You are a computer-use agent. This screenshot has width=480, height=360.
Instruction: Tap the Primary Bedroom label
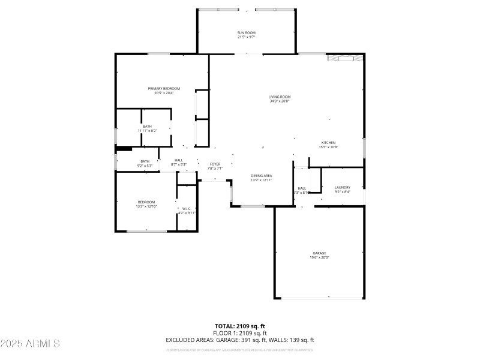164,88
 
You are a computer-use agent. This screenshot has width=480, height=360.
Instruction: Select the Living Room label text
280,97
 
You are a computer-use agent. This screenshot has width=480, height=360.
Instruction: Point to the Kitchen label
328,142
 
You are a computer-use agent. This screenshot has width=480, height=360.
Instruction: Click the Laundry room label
342,187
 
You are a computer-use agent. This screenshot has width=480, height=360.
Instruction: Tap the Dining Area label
262,175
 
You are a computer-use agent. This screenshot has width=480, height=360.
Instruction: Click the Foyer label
215,164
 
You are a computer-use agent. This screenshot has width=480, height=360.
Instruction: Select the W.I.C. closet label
187,209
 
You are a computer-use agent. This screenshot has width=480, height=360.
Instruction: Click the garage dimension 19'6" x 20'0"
319,257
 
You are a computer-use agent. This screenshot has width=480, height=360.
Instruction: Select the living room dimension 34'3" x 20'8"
280,101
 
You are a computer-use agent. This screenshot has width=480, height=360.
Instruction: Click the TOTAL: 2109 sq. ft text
240,326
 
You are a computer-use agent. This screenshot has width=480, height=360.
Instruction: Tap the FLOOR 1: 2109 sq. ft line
240,333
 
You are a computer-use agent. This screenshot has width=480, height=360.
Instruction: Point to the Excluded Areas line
240,340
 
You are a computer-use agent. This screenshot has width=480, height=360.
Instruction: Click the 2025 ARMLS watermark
30,344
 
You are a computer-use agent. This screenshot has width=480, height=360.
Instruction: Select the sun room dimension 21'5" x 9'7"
245,37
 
